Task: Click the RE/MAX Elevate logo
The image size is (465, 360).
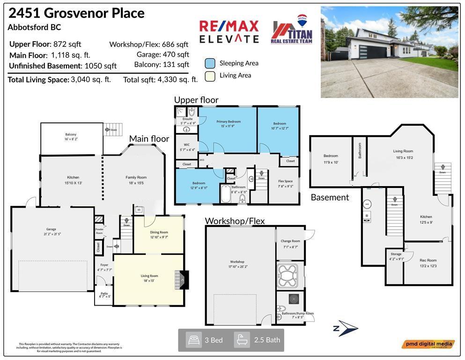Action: coord(229,31)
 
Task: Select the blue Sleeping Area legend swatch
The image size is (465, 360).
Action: coord(210,63)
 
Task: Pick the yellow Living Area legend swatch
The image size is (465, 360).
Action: coord(210,76)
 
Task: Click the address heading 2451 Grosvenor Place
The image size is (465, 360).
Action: coord(76,14)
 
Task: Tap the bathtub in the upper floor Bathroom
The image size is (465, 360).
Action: coord(226,194)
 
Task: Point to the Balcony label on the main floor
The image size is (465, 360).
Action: coord(71,136)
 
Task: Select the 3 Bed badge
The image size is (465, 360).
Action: coord(205,340)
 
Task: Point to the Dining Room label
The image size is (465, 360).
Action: coord(159,234)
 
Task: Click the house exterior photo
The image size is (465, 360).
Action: coord(389,52)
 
